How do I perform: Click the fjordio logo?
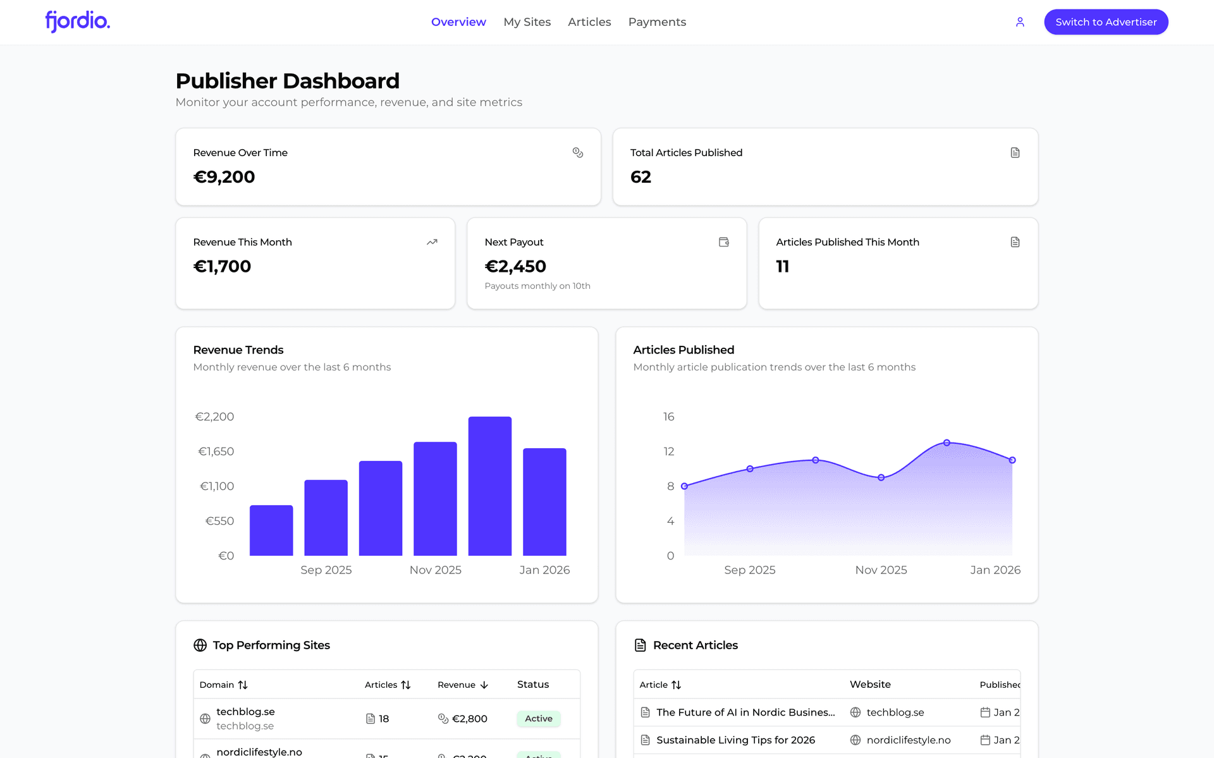[77, 21]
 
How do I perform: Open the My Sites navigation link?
[527, 22]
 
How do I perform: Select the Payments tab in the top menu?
[656, 22]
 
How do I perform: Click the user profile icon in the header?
[1019, 22]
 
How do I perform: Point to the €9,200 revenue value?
[224, 177]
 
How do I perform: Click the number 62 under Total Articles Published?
[640, 177]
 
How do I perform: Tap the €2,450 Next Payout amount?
[515, 267]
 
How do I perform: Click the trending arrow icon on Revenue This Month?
[432, 242]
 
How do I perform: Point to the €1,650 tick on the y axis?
[216, 451]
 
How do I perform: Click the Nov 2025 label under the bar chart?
[435, 570]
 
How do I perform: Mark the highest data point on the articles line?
[947, 443]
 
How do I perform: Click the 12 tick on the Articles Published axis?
[668, 451]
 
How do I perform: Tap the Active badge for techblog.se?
[538, 719]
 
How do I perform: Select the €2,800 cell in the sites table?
[469, 719]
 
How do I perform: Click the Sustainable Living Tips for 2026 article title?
[735, 740]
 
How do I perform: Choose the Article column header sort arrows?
[676, 685]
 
